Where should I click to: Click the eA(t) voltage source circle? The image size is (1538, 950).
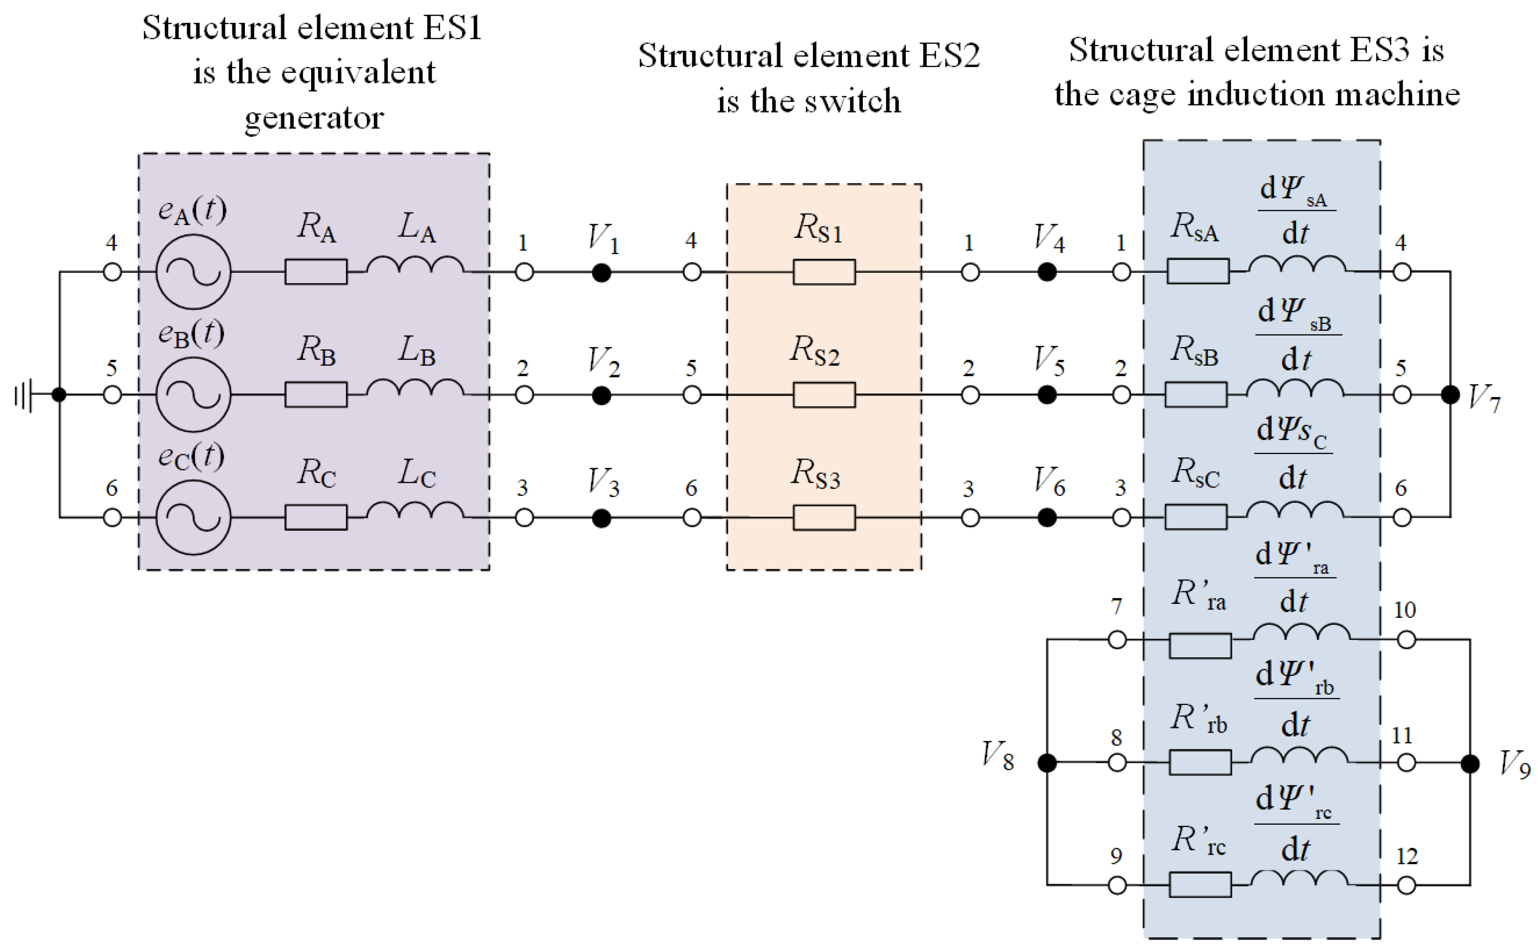click(193, 272)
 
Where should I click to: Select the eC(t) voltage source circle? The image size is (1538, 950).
click(193, 518)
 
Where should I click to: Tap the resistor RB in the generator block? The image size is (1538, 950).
click(315, 395)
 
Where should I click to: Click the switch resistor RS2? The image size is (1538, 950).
click(823, 395)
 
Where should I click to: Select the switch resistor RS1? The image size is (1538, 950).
click(823, 272)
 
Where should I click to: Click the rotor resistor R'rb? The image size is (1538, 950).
click(1200, 763)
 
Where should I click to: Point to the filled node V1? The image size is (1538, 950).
click(601, 273)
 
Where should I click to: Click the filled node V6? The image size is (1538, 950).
click(1046, 518)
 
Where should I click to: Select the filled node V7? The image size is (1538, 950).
click(1449, 395)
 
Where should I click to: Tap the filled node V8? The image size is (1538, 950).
click(1046, 763)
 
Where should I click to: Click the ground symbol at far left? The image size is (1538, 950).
click(23, 395)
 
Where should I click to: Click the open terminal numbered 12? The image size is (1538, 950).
click(1406, 885)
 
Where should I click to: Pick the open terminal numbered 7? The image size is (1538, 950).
click(1117, 640)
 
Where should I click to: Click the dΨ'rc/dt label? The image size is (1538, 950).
click(1295, 824)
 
